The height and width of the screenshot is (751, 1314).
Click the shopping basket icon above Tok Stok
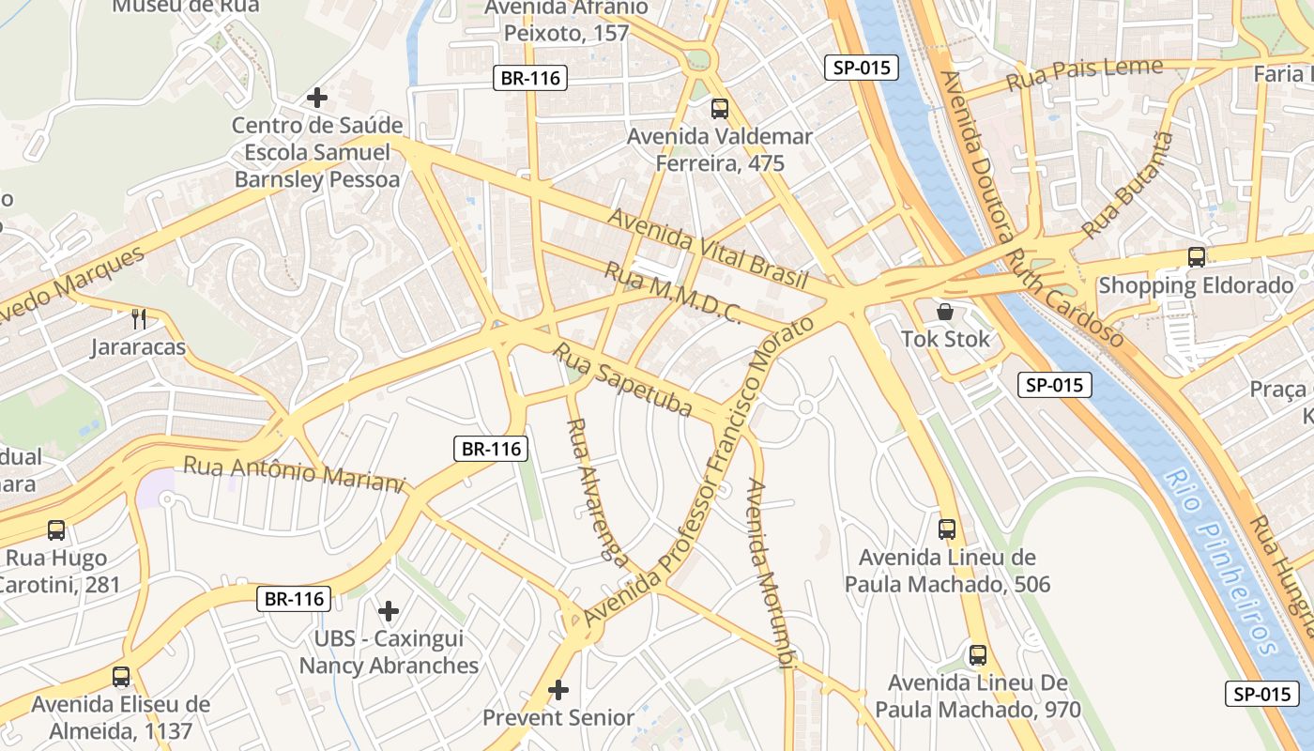coord(945,311)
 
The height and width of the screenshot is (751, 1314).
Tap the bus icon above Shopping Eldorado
coord(1196,256)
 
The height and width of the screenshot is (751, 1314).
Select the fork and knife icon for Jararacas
coord(139,319)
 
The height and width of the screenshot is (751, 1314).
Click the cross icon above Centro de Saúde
coord(317,97)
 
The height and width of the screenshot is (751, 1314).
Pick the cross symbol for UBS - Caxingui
coord(389,611)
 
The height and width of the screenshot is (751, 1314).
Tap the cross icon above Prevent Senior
coord(558,690)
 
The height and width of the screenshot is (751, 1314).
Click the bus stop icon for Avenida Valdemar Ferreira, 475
coord(719,109)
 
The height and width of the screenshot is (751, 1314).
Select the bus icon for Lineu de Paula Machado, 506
coord(947,529)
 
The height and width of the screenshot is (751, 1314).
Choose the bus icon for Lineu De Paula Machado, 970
coord(978,655)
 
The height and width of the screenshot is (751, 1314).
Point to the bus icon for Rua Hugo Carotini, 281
coord(56,530)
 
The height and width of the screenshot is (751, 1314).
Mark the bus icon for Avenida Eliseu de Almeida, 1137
coord(121,677)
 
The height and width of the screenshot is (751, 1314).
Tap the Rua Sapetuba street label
coord(621,380)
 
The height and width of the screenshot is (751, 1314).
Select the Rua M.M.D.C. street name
coord(672,293)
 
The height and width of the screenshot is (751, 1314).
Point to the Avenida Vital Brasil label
coord(708,248)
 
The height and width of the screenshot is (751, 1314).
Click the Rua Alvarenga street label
coord(596,492)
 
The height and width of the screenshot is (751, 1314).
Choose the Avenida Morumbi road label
coord(770,573)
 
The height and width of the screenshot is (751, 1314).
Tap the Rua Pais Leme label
coord(1084,74)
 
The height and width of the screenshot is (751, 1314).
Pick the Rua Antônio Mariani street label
coord(293,472)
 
